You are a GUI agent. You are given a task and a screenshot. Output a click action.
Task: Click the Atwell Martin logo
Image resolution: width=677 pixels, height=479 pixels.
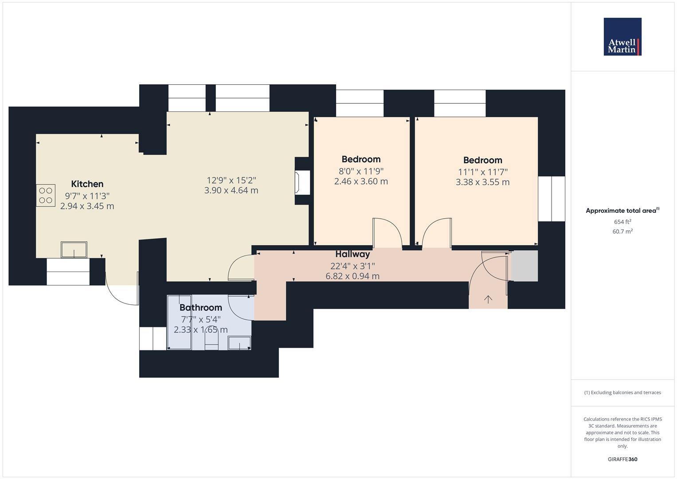click(622, 37)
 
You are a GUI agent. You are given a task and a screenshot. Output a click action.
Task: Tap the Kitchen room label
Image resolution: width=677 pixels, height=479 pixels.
click(87, 184)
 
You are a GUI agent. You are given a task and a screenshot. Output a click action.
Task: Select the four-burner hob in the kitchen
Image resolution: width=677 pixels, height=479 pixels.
click(46, 196)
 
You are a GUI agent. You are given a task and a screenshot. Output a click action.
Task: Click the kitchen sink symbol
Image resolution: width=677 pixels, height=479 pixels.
click(74, 250)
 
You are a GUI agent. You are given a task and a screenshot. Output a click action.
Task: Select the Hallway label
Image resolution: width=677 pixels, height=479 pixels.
click(352, 254)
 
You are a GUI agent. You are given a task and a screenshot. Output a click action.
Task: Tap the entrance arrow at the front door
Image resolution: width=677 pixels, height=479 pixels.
click(488, 299)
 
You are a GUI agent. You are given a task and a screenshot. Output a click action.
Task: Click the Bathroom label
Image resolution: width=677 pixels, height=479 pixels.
click(200, 307)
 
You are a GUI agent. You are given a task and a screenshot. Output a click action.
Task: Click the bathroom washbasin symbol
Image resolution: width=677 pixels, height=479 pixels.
click(239, 343)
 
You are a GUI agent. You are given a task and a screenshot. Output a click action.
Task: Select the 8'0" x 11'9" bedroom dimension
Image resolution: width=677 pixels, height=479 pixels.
click(361, 171)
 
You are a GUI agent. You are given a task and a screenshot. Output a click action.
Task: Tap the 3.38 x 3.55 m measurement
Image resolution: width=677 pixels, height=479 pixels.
click(482, 182)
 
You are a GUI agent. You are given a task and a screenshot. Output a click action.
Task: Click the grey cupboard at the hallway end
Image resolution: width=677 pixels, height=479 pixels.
click(524, 266)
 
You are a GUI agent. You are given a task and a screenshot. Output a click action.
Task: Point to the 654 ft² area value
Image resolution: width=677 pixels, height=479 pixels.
click(622, 222)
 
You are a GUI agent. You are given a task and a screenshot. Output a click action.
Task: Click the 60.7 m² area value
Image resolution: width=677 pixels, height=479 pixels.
click(622, 232)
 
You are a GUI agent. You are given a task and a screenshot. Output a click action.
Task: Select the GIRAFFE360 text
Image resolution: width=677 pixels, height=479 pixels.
click(622, 459)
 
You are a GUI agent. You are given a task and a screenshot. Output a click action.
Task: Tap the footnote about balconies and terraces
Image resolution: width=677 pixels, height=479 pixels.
click(622, 393)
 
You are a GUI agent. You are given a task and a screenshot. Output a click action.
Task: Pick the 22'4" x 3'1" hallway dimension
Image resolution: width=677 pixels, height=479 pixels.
click(352, 266)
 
